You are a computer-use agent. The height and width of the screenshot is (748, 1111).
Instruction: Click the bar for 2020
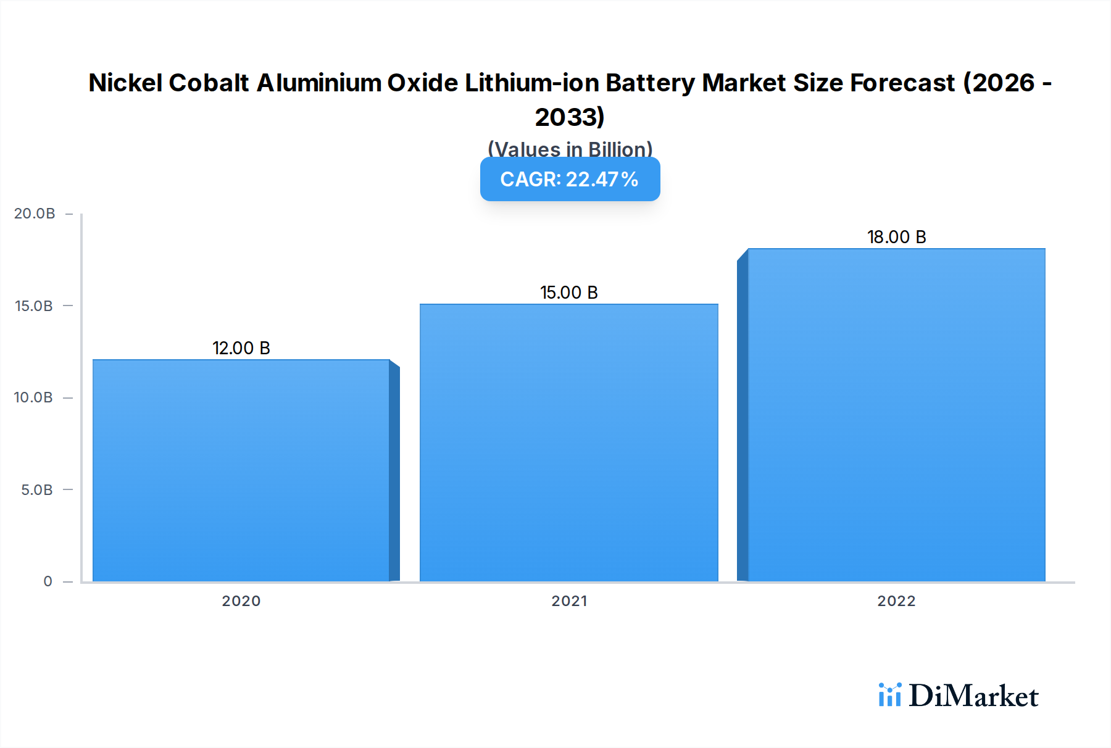coord(241,470)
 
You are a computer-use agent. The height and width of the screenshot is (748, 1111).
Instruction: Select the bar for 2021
coord(568,443)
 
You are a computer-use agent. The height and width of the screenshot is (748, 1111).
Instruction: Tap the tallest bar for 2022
coord(896,415)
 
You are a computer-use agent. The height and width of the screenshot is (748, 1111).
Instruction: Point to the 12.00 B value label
coord(241,348)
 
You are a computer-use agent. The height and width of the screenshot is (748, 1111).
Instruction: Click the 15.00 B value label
coord(568,293)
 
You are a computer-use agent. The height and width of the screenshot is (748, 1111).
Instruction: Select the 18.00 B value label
coord(896,237)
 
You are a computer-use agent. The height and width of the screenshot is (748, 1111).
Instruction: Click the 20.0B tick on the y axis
coord(35,214)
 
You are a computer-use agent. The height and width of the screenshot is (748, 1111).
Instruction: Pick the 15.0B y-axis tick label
coord(34,306)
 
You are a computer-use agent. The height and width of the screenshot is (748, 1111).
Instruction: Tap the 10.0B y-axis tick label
coord(33,397)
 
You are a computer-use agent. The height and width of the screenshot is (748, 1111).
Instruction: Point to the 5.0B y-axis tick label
coord(36,490)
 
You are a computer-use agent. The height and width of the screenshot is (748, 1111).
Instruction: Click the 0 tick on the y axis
coord(48,581)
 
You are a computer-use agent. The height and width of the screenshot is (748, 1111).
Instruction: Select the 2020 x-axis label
coord(241,601)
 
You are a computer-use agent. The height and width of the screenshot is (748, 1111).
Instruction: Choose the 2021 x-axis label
coord(569,601)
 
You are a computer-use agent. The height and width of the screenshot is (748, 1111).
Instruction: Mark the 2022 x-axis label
coord(896,601)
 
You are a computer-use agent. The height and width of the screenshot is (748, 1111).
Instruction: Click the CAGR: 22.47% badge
coord(570,179)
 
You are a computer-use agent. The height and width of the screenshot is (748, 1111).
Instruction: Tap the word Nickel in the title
coord(125,83)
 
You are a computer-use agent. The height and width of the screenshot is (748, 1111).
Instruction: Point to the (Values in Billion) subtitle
coord(570,149)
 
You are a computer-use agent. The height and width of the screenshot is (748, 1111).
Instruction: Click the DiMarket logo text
coord(973,696)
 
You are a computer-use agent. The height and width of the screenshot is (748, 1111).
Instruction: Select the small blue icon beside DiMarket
coord(889,695)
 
